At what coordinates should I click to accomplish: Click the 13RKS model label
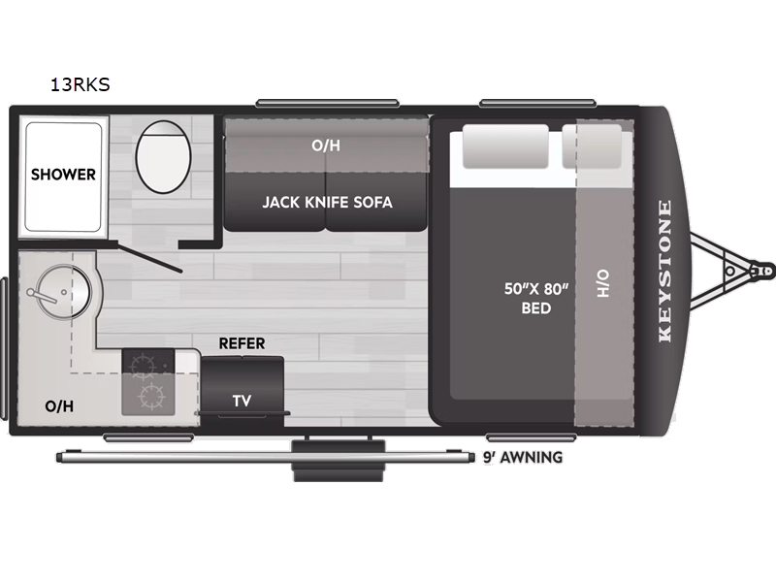click(81, 84)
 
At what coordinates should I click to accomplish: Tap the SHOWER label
click(63, 175)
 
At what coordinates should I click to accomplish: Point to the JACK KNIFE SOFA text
click(326, 203)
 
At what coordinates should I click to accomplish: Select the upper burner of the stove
click(145, 366)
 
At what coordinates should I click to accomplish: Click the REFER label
click(242, 343)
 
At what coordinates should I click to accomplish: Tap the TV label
click(241, 400)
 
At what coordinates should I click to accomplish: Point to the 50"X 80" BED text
click(535, 299)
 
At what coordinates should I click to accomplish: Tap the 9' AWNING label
click(522, 457)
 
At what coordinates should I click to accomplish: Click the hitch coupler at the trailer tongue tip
click(764, 272)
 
